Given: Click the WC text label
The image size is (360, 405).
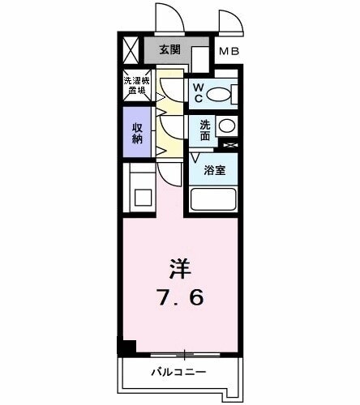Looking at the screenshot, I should [x=197, y=93].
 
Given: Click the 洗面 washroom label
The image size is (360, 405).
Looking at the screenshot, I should [x=205, y=129].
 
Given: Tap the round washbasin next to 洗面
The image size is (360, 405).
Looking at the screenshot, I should [x=228, y=126].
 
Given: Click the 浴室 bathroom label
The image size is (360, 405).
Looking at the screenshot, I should [x=214, y=171].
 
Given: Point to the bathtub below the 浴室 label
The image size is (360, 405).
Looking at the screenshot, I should [x=212, y=199].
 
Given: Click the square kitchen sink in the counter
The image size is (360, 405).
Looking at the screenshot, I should [x=144, y=197].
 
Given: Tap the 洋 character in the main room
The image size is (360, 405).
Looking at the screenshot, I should [x=180, y=268].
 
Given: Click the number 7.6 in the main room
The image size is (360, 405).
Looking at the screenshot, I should [x=180, y=297].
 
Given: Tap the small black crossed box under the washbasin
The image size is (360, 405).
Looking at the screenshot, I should [x=229, y=145].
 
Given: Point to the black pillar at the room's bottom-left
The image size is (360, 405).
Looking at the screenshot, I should [x=126, y=347].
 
